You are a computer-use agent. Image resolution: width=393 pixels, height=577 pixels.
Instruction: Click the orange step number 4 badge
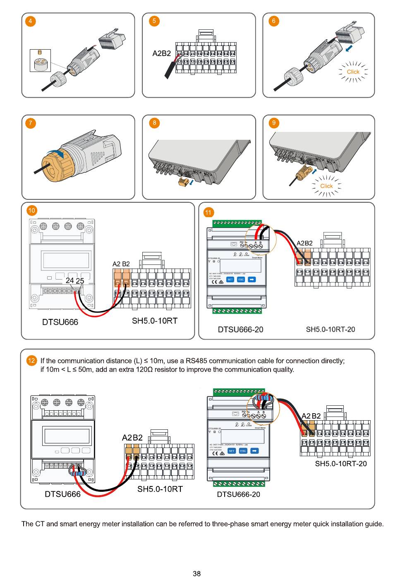(x=30, y=21)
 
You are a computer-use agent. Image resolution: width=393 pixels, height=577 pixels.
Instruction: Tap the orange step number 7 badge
(x=30, y=123)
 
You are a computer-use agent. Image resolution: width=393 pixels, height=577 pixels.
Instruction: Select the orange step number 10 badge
(x=32, y=211)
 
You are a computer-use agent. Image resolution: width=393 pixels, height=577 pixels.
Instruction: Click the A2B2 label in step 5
(x=161, y=53)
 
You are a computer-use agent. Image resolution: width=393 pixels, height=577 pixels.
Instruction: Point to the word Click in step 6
(x=353, y=72)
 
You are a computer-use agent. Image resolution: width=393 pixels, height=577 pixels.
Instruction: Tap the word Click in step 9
(x=326, y=186)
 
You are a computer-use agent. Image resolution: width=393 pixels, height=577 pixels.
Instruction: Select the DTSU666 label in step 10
(x=60, y=322)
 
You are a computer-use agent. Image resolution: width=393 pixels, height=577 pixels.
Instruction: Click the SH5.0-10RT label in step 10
(x=155, y=321)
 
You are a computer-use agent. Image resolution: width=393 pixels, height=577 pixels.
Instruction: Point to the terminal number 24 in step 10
(x=70, y=280)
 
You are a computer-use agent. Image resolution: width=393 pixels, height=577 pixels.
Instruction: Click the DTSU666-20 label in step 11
(x=240, y=330)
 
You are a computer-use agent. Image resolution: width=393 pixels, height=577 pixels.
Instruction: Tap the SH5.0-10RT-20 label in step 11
(x=330, y=330)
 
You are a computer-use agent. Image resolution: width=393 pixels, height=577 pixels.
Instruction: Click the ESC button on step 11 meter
(x=241, y=280)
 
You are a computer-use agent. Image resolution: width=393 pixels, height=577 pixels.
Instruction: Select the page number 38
(x=196, y=573)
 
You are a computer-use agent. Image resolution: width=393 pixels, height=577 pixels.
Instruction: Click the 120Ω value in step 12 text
(x=144, y=370)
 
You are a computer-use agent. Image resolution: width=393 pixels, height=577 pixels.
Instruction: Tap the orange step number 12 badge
(x=32, y=361)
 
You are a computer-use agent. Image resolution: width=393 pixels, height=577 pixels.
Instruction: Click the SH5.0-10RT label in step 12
(x=160, y=489)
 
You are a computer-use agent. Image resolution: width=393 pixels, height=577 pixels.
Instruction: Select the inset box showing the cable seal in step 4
(x=41, y=60)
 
